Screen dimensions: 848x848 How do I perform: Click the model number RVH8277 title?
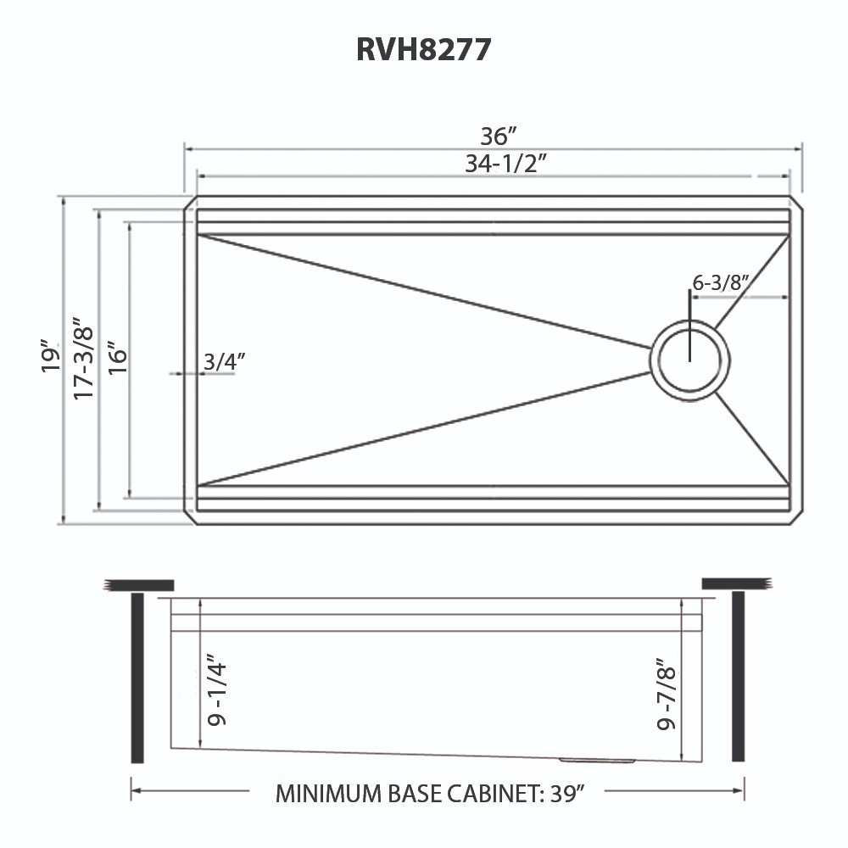[x=423, y=50]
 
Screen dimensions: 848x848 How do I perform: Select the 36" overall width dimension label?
[x=498, y=136]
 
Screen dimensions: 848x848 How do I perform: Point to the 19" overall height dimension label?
[x=52, y=360]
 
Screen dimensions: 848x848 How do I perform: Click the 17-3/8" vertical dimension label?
[x=82, y=360]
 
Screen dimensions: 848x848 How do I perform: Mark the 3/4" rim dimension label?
[x=224, y=361]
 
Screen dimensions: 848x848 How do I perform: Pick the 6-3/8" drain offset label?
[x=721, y=284]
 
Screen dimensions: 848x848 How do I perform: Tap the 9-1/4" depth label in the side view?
[x=217, y=689]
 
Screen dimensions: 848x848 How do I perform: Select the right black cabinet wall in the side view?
[x=738, y=678]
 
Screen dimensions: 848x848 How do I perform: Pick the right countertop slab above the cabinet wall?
[x=736, y=583]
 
